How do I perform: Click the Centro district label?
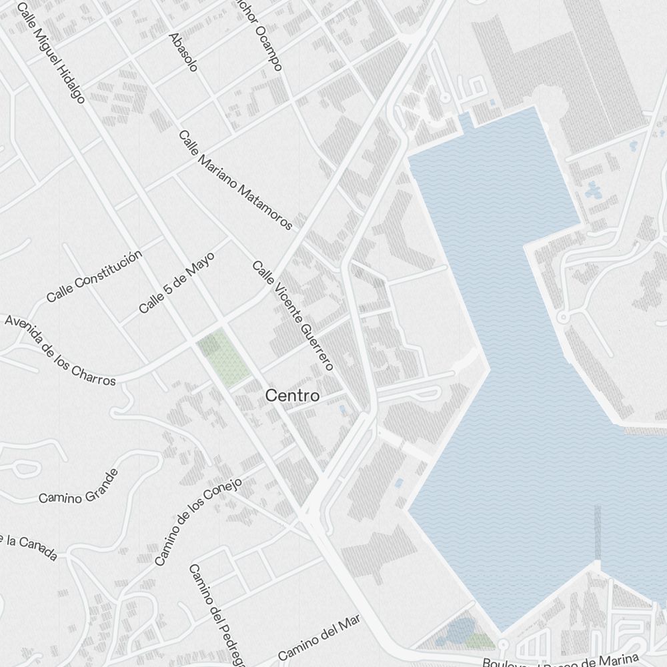[292, 396]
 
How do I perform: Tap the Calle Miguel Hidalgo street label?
[51, 53]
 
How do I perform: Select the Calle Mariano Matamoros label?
[235, 179]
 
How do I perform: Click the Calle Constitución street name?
[94, 276]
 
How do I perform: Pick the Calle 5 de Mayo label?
[177, 283]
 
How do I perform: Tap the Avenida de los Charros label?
[60, 350]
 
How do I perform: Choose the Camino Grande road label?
[79, 486]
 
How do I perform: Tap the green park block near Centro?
[222, 359]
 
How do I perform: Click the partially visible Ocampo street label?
[266, 39]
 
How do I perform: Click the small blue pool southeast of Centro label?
[343, 408]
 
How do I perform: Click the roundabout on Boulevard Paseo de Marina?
[504, 644]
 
